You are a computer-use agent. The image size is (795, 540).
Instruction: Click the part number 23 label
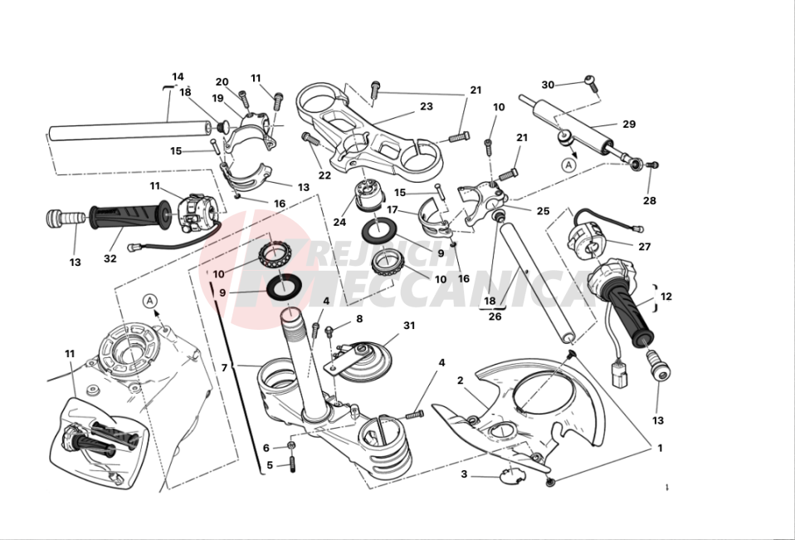(x=427, y=107)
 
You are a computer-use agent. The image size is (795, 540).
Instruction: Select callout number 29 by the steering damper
(x=628, y=125)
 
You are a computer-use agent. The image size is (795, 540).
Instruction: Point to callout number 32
(x=110, y=258)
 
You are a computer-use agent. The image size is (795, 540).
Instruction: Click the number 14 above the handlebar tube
(x=178, y=76)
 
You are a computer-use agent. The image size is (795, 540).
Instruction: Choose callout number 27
(x=644, y=247)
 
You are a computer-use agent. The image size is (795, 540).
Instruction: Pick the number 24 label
(x=340, y=223)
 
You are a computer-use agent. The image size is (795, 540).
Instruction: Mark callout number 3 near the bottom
(x=464, y=474)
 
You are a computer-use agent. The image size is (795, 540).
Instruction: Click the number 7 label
(x=223, y=366)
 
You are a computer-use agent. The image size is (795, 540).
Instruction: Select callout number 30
(x=548, y=85)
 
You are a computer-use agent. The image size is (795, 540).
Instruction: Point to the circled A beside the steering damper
(x=568, y=164)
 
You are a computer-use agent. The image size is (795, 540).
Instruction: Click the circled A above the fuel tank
(x=149, y=300)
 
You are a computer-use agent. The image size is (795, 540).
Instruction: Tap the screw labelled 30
(x=590, y=81)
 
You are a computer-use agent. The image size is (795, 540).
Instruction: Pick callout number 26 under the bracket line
(x=495, y=316)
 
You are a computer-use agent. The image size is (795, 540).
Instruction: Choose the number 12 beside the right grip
(x=666, y=296)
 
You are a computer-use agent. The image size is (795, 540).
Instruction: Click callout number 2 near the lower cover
(x=460, y=380)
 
